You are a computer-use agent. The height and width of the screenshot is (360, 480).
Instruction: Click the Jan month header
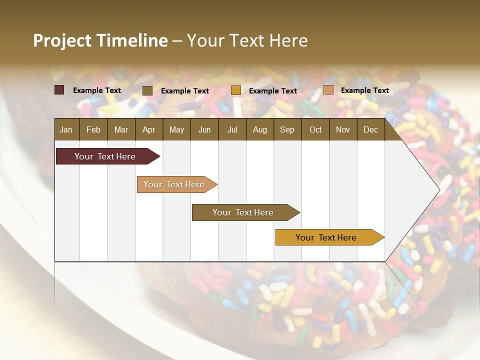pyautogui.click(x=66, y=129)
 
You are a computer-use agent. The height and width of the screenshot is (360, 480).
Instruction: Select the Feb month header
pyautogui.click(x=93, y=129)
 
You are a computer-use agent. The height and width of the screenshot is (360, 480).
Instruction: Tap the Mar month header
pyautogui.click(x=121, y=129)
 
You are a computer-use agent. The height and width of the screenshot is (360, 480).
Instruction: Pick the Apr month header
pyautogui.click(x=149, y=129)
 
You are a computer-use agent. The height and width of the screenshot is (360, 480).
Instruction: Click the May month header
pyautogui.click(x=176, y=129)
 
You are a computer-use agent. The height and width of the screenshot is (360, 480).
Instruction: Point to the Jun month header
pyautogui.click(x=204, y=129)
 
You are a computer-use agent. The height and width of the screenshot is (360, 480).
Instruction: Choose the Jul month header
pyautogui.click(x=232, y=129)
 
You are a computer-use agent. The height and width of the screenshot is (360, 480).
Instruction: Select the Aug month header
pyautogui.click(x=260, y=129)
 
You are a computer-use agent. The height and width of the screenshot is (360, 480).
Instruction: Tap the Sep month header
pyautogui.click(x=287, y=129)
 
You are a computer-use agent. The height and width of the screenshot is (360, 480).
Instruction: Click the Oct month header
pyautogui.click(x=315, y=129)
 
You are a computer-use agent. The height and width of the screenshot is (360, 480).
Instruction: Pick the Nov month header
pyautogui.click(x=343, y=129)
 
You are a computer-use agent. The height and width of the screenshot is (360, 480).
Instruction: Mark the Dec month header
pyautogui.click(x=371, y=129)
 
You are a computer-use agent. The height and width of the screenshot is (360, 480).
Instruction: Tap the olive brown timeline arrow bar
pyautogui.click(x=243, y=212)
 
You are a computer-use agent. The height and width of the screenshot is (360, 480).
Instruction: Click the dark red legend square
pyautogui.click(x=59, y=90)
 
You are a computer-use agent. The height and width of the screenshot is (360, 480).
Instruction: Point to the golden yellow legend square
pyautogui.click(x=236, y=90)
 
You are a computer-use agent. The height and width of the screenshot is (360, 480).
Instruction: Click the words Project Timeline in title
pyautogui.click(x=100, y=40)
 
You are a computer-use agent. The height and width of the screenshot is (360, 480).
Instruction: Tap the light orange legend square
pyautogui.click(x=328, y=90)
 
